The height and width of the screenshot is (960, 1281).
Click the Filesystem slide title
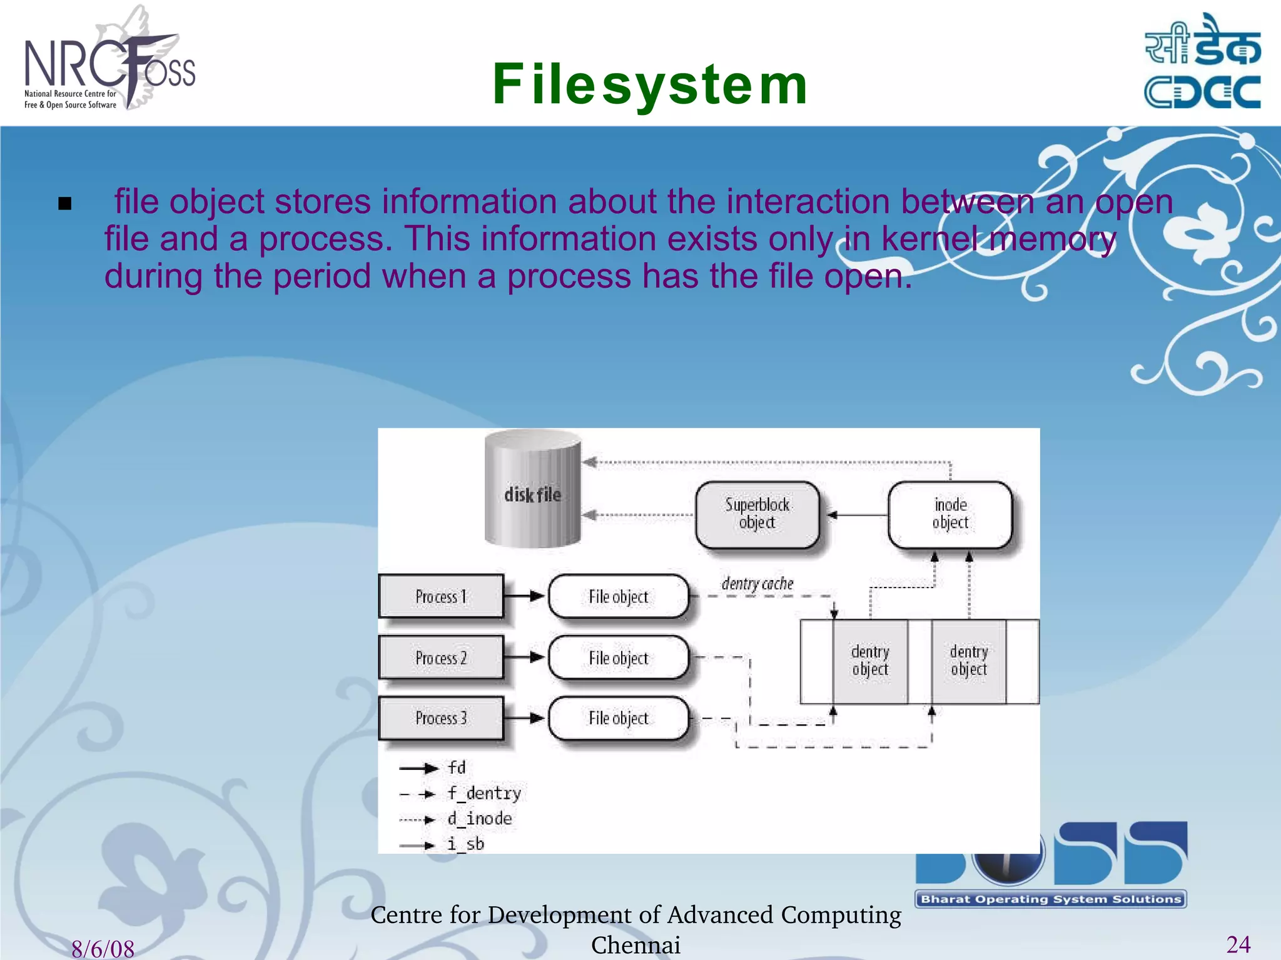coord(650,85)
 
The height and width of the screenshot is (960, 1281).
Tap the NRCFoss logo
coord(109,62)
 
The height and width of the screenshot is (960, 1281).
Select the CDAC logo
coord(1202,62)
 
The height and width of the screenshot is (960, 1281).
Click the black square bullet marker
coord(64,204)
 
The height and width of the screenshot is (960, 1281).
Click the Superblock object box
coord(757,514)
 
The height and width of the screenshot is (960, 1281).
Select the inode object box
coord(949,514)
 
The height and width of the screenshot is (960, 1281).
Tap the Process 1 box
coord(441,596)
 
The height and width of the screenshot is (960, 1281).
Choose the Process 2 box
coord(441,657)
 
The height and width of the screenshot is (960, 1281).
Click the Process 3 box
coord(441,718)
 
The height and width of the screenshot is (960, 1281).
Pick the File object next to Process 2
coord(619,657)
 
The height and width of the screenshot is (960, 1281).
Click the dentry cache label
coord(757,584)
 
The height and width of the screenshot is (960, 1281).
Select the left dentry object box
coord(870,661)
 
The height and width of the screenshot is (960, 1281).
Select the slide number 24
coord(1238,944)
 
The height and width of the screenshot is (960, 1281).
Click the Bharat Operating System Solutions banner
coord(1051,899)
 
